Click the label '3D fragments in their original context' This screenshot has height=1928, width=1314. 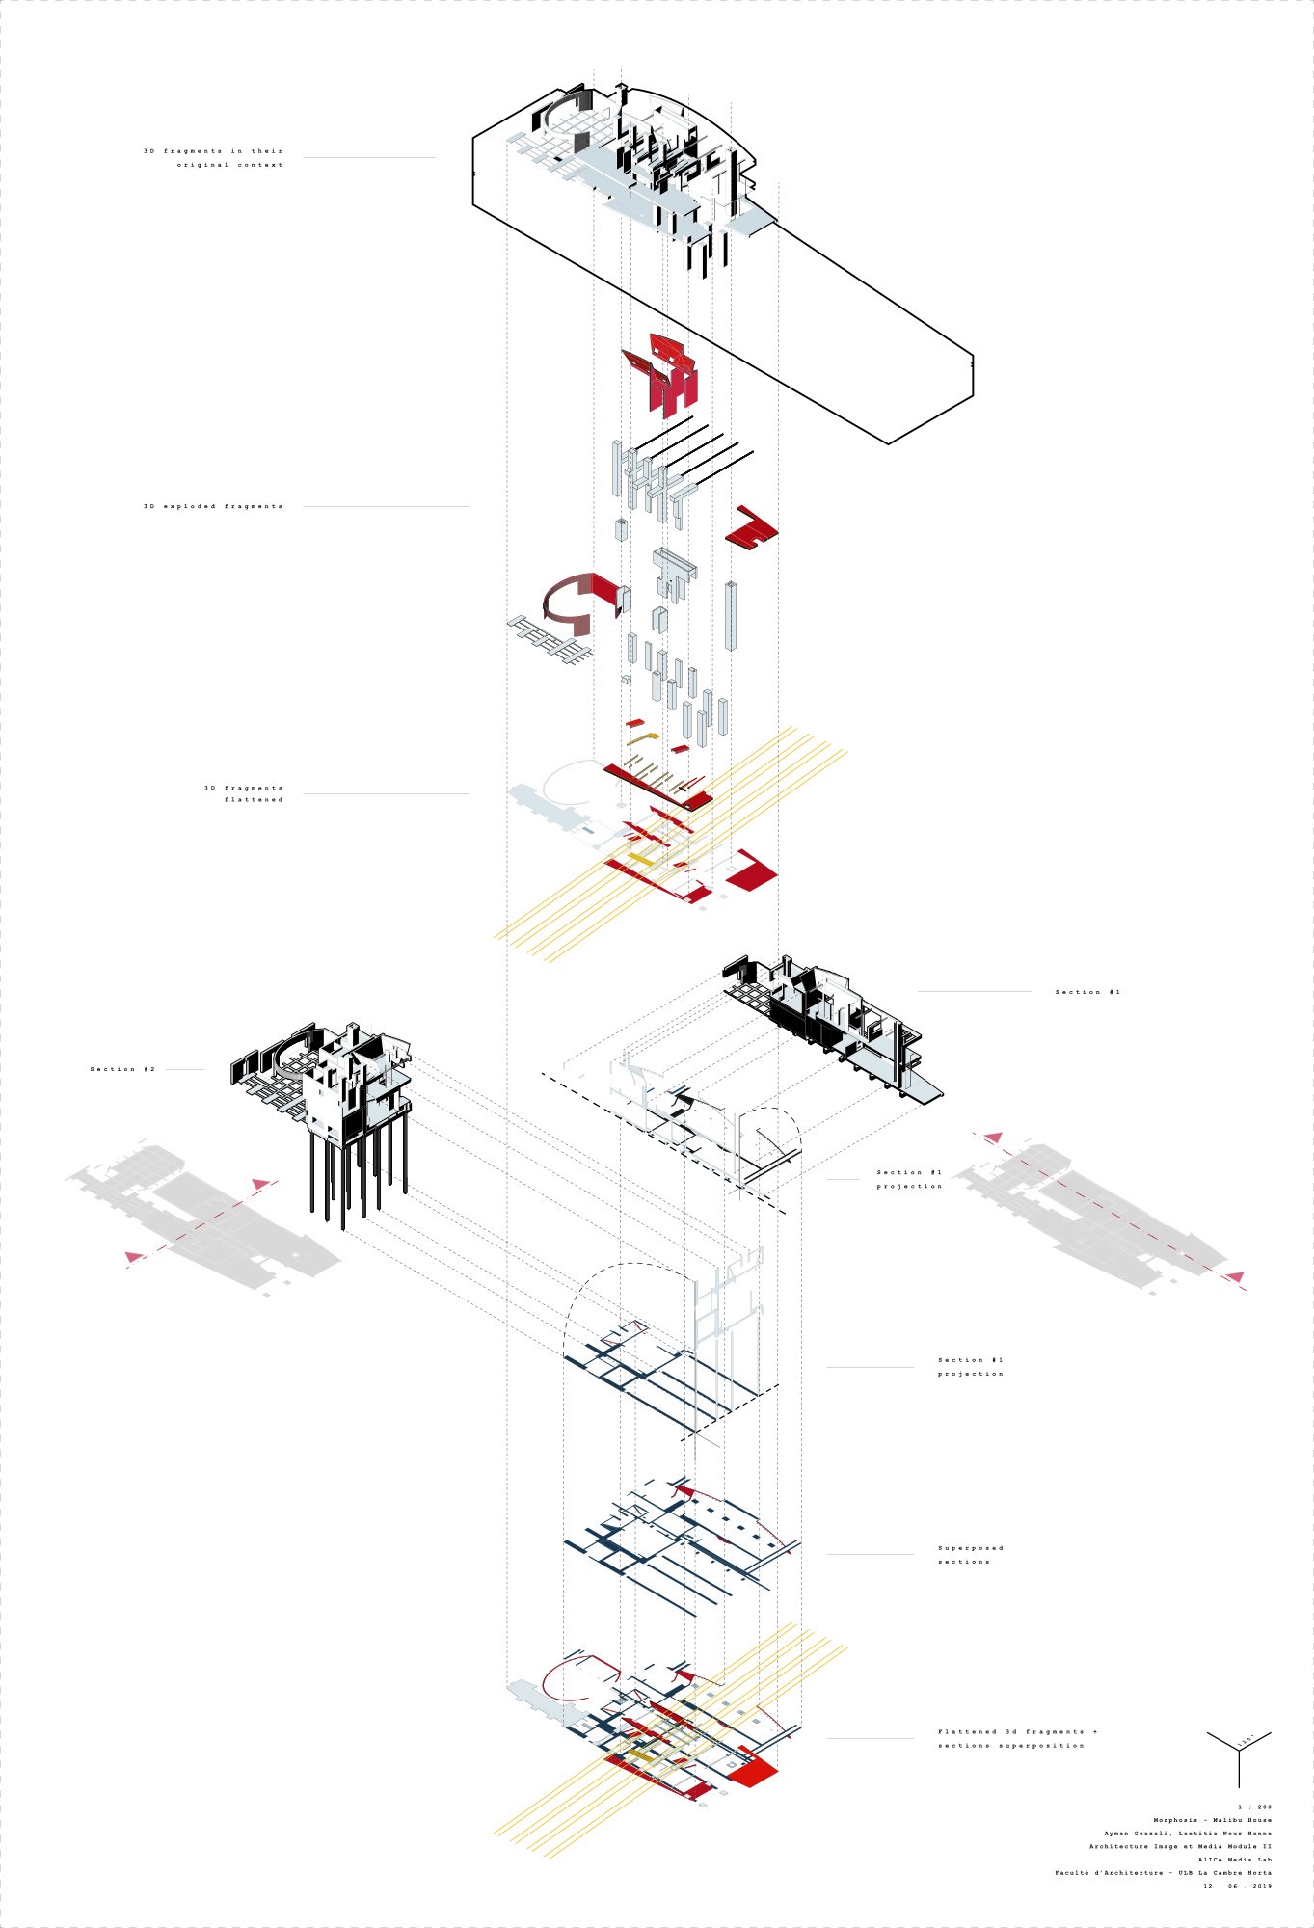tap(214, 158)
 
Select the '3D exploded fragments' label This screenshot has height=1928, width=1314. tap(213, 506)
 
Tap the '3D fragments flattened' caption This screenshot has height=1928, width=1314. tap(244, 793)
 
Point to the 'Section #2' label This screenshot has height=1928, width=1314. tap(122, 1069)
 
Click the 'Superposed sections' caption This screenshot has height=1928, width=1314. tap(970, 1554)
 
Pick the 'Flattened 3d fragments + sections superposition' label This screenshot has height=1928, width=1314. tap(1017, 1738)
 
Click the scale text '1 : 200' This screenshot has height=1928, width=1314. tap(1254, 1807)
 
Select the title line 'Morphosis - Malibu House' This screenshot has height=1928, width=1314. tap(1212, 1820)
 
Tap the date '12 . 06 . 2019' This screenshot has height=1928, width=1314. tap(1237, 1886)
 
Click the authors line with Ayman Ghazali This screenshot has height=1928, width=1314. tap(1187, 1834)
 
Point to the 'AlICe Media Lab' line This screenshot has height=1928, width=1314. tap(1234, 1860)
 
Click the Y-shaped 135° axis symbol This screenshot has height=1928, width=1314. tap(1239, 1754)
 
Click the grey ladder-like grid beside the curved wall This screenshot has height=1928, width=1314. tap(548, 640)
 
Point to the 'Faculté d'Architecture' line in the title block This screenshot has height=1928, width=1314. tap(1162, 1872)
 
